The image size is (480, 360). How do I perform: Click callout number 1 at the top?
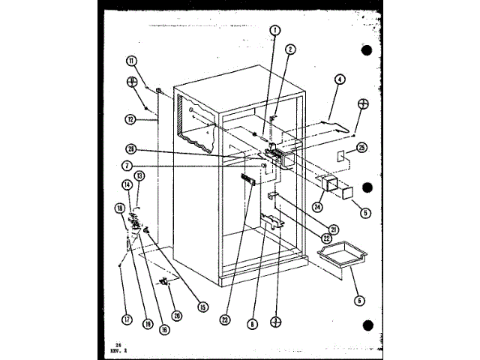pos(275,32)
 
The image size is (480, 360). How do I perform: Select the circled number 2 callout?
pos(290,50)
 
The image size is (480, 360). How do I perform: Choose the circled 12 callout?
pos(130,118)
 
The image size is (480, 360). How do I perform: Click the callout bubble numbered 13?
pos(139,176)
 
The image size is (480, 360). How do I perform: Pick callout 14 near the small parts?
pos(126,184)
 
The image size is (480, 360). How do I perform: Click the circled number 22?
pos(327,238)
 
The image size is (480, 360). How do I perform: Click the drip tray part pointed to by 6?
pos(336,259)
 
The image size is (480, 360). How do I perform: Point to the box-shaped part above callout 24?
pos(328,184)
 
